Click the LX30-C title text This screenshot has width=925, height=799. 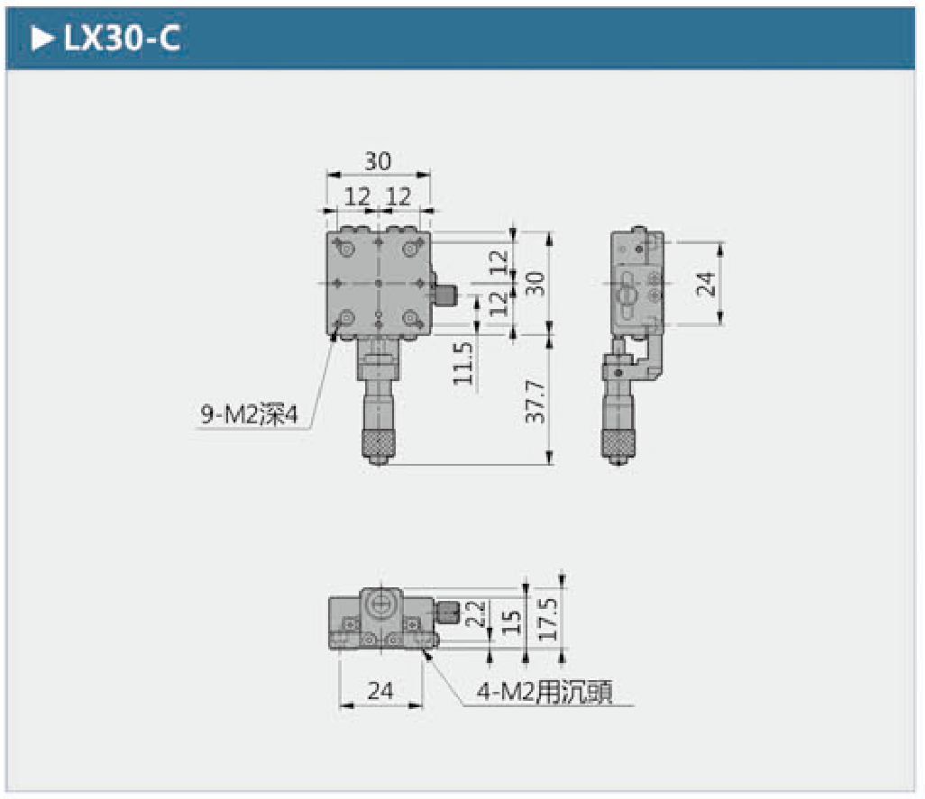(122, 39)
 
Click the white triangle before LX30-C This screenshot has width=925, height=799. (41, 39)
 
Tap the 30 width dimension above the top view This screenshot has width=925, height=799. (378, 161)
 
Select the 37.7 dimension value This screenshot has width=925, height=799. (535, 401)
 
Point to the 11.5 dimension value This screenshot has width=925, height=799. (463, 364)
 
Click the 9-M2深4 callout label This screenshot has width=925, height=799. (250, 414)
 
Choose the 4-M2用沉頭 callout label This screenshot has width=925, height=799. (545, 691)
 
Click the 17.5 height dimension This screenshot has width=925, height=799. (547, 619)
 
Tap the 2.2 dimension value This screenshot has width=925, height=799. (475, 614)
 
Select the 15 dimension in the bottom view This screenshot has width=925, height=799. (511, 622)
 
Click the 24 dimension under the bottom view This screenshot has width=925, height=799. (380, 690)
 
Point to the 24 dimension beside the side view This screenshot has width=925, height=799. (706, 284)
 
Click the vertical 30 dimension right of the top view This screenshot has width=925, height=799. (535, 284)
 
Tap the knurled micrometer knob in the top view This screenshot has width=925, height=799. (378, 444)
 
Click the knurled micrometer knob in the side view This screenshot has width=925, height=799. (618, 444)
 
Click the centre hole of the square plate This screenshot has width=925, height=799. (379, 284)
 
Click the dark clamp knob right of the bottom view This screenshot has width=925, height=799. (449, 612)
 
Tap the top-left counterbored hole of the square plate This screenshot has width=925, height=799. (346, 250)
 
